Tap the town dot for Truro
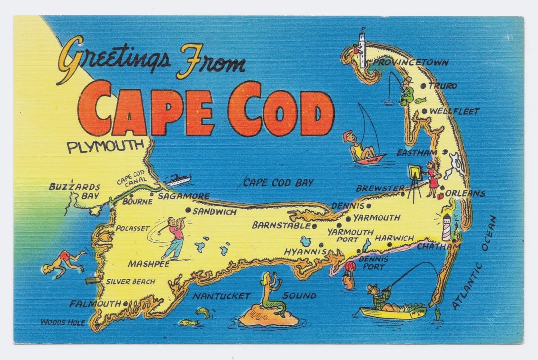[423, 86]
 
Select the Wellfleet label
[454, 111]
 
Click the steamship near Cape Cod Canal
[178, 180]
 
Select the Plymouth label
[105, 147]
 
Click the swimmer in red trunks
[63, 262]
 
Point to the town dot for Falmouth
[125, 303]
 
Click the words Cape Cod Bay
[278, 183]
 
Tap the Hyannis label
[305, 252]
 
